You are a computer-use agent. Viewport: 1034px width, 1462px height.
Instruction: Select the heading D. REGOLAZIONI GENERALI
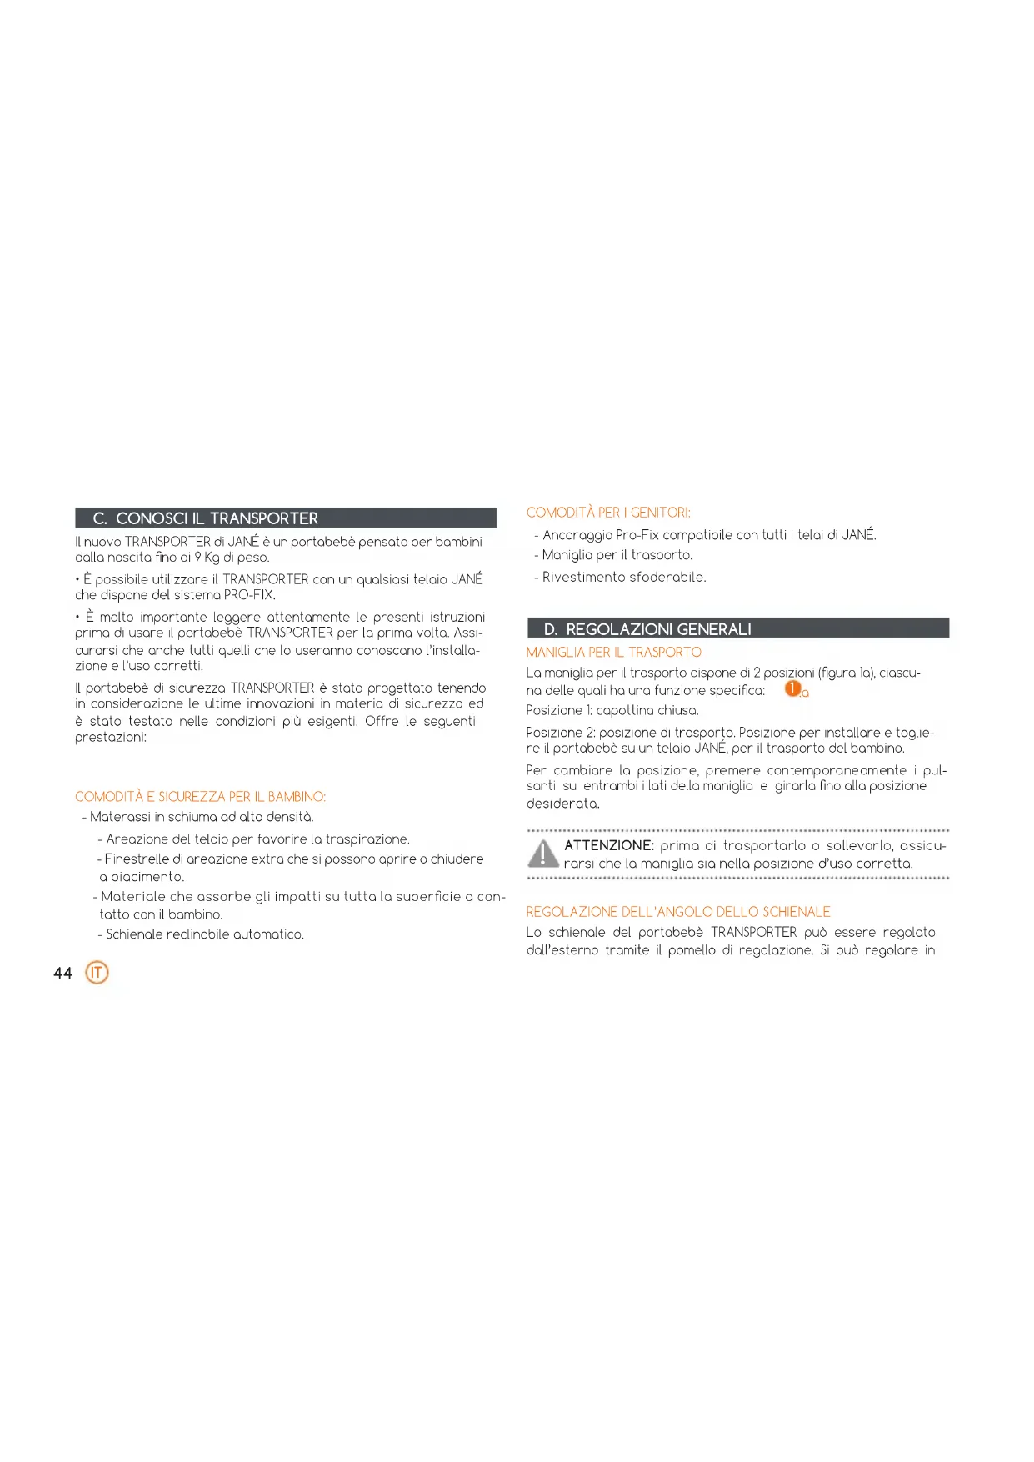click(647, 629)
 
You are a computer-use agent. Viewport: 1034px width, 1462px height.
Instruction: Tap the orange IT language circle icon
click(97, 973)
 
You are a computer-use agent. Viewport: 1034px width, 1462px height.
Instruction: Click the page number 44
click(62, 974)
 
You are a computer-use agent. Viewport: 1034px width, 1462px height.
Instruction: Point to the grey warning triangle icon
click(543, 854)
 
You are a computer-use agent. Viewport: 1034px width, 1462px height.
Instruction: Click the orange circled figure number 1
click(792, 689)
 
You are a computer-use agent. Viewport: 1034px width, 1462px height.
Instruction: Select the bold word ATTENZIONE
click(609, 845)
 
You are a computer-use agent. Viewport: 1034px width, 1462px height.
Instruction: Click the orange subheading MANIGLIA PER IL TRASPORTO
click(613, 652)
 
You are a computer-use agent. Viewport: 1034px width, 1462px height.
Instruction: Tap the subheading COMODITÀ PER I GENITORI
click(608, 513)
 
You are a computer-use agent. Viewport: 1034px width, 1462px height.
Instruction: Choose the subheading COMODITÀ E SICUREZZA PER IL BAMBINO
click(200, 797)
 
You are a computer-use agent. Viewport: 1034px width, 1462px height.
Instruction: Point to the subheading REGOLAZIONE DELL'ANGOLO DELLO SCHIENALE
click(678, 912)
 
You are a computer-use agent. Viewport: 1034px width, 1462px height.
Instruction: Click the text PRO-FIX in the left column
click(248, 595)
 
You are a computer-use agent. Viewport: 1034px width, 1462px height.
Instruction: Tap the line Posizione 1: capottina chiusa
click(612, 710)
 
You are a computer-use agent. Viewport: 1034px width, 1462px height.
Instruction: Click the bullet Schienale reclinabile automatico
click(204, 934)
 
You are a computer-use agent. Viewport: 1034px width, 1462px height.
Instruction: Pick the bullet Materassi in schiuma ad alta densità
click(201, 817)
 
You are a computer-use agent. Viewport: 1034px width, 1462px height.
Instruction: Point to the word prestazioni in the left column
click(110, 737)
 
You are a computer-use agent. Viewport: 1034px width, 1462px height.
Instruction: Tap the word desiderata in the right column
click(562, 804)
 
